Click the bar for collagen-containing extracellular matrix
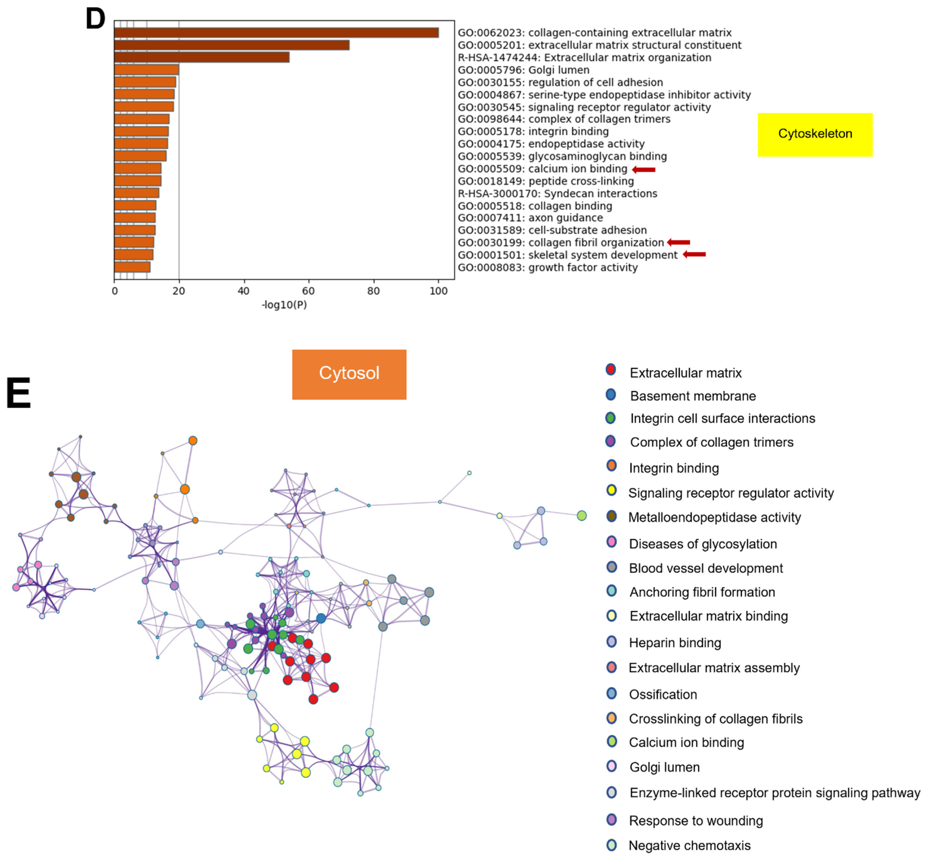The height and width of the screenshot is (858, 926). pyautogui.click(x=276, y=32)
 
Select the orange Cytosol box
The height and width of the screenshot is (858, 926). pyautogui.click(x=349, y=374)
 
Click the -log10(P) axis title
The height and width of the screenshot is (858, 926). pyautogui.click(x=284, y=305)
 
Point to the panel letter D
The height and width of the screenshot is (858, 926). pyautogui.click(x=95, y=20)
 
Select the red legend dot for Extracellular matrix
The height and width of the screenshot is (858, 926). pyautogui.click(x=611, y=370)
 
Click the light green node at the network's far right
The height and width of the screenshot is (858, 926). pyautogui.click(x=581, y=515)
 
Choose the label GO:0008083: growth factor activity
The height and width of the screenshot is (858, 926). pyautogui.click(x=548, y=267)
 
